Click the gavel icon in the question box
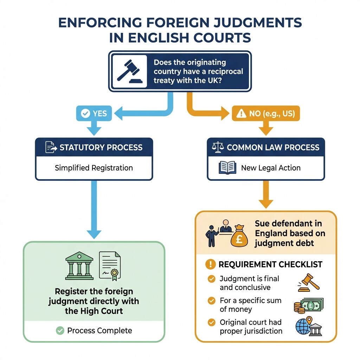click(x=129, y=71)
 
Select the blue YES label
click(x=94, y=114)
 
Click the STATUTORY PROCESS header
click(x=94, y=147)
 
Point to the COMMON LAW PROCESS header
click(x=266, y=147)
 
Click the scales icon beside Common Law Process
click(x=218, y=147)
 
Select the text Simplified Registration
click(x=94, y=168)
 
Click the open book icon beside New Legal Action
click(x=228, y=168)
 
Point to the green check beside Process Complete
click(x=60, y=330)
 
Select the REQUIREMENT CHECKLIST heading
click(x=270, y=264)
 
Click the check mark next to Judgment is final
click(x=211, y=279)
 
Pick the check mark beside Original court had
click(x=211, y=322)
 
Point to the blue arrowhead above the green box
click(x=94, y=234)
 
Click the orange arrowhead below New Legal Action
click(x=266, y=203)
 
